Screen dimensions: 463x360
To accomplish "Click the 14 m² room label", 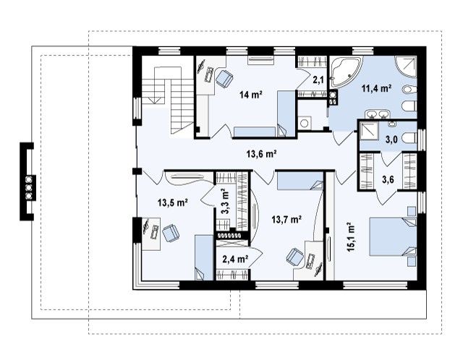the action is [x=251, y=95].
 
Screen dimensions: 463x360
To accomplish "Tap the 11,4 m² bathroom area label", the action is [x=377, y=88].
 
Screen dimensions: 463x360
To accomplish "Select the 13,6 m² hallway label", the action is [x=261, y=153].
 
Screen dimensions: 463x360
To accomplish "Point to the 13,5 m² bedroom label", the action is [x=173, y=202].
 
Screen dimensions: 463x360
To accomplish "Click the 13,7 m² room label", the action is [x=286, y=219].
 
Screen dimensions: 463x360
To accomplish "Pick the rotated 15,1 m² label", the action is [x=351, y=236].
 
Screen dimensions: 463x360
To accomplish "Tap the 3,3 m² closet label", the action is [x=225, y=201].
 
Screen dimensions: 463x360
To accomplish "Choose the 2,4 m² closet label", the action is [x=235, y=259].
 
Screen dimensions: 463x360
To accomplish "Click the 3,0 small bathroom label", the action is [x=391, y=140].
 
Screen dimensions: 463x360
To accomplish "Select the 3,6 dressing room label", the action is [x=388, y=179].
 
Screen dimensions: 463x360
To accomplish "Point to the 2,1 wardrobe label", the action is [x=318, y=80].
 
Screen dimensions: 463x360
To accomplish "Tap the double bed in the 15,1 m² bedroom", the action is [x=393, y=236].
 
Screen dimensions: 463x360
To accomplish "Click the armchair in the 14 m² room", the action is [x=224, y=79].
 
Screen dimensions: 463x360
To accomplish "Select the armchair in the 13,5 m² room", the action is [x=171, y=233].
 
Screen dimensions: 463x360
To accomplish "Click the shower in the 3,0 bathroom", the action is [x=368, y=131].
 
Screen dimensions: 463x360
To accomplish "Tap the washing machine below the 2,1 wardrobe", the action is [x=304, y=123].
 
